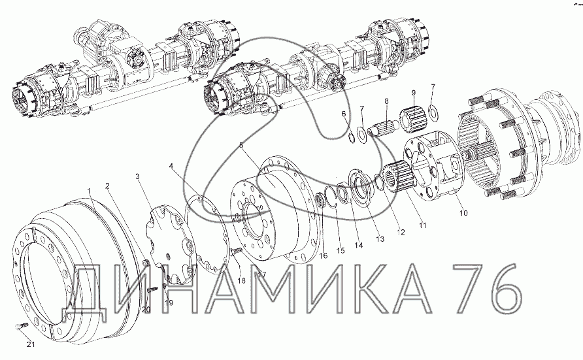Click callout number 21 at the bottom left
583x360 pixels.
[31, 344]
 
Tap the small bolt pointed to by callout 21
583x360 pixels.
[22, 325]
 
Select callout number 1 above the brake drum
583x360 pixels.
[89, 191]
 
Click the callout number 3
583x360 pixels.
[137, 176]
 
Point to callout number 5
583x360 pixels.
[241, 145]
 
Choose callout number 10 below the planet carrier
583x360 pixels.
[463, 213]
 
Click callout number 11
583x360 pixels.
[423, 225]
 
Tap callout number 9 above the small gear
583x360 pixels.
[414, 93]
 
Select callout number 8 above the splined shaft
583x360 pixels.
[386, 101]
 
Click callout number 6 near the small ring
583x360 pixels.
[344, 113]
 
